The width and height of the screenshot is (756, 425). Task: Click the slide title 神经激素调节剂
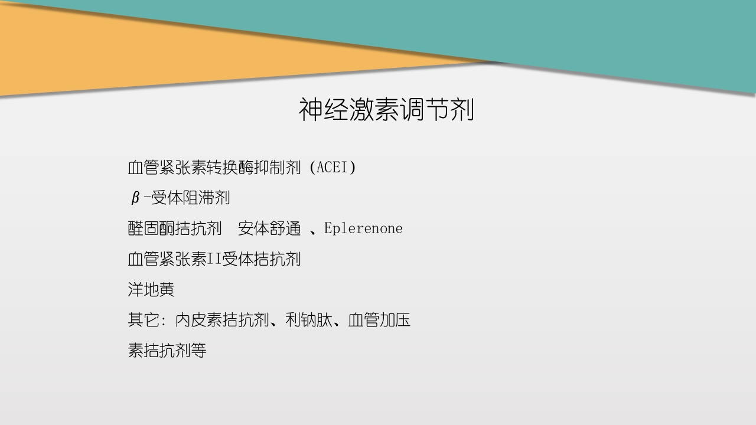click(x=386, y=110)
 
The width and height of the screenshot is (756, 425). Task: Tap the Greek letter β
click(x=135, y=198)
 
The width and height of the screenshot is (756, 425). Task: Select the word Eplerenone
click(x=363, y=228)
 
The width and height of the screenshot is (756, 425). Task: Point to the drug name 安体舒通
click(x=269, y=229)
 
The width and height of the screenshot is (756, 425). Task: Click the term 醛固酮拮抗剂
click(x=175, y=229)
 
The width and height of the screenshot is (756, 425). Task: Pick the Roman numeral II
click(x=214, y=259)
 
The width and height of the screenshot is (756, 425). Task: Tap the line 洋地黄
click(x=151, y=290)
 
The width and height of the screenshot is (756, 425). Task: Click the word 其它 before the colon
click(x=143, y=321)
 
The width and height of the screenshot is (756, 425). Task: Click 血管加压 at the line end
click(x=379, y=321)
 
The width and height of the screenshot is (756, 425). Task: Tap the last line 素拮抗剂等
click(x=167, y=351)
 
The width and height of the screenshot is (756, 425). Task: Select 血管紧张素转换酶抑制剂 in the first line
click(x=214, y=168)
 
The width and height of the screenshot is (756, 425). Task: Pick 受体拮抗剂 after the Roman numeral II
click(x=262, y=259)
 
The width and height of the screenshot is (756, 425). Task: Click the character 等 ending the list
click(x=198, y=351)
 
